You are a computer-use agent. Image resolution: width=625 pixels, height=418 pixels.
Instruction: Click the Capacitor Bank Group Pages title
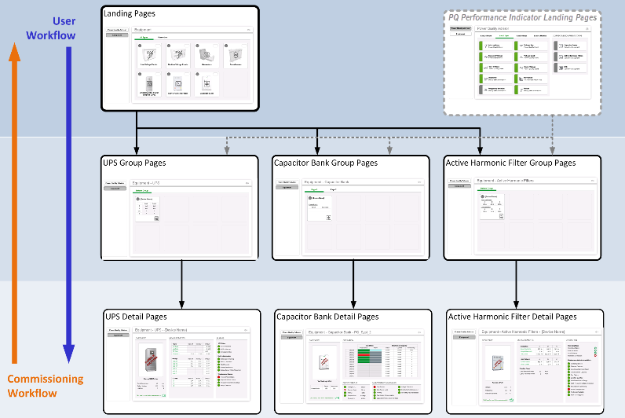point(325,163)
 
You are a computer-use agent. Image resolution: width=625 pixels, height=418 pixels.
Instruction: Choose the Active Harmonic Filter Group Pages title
point(510,163)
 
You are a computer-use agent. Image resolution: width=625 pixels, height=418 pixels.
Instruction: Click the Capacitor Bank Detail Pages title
point(327,316)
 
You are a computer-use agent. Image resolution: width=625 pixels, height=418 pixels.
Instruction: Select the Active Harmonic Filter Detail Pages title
point(512,316)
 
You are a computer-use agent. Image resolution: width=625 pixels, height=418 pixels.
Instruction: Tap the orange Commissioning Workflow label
point(45,386)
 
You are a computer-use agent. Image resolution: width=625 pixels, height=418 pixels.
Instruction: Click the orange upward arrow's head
point(13,51)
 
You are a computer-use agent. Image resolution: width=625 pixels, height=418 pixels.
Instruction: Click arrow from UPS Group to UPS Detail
point(181,283)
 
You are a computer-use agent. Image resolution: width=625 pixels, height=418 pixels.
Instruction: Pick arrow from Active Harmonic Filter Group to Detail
point(516,283)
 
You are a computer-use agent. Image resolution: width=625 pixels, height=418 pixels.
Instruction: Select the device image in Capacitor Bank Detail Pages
point(321,365)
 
